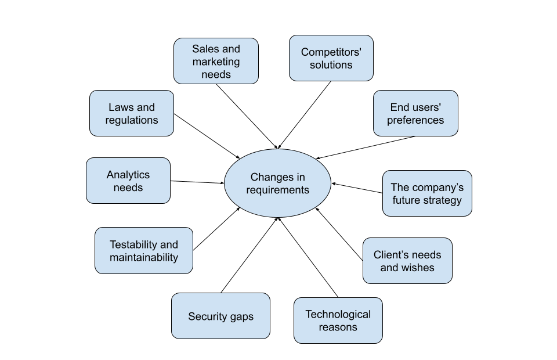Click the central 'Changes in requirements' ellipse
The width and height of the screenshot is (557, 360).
(x=277, y=183)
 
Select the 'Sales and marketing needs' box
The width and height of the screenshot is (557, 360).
(x=216, y=61)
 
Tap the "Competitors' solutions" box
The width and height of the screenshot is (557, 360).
(x=331, y=58)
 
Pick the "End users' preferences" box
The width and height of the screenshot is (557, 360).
(x=415, y=113)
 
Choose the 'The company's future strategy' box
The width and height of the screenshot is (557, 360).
(x=427, y=193)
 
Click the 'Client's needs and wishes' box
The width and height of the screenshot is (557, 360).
(x=407, y=261)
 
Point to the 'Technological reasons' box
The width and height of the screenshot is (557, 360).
(x=338, y=321)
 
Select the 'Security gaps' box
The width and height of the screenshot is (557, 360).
(x=220, y=316)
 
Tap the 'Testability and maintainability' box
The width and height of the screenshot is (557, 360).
(x=143, y=250)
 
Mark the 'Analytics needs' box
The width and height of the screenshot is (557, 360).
(x=128, y=181)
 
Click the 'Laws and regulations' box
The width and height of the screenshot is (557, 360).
(x=131, y=113)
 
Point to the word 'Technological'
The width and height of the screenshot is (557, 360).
(x=338, y=314)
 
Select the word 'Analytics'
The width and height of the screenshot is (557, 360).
(x=128, y=175)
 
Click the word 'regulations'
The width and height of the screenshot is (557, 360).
(x=131, y=120)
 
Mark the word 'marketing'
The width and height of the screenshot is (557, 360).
(x=216, y=62)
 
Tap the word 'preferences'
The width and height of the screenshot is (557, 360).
(x=415, y=120)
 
